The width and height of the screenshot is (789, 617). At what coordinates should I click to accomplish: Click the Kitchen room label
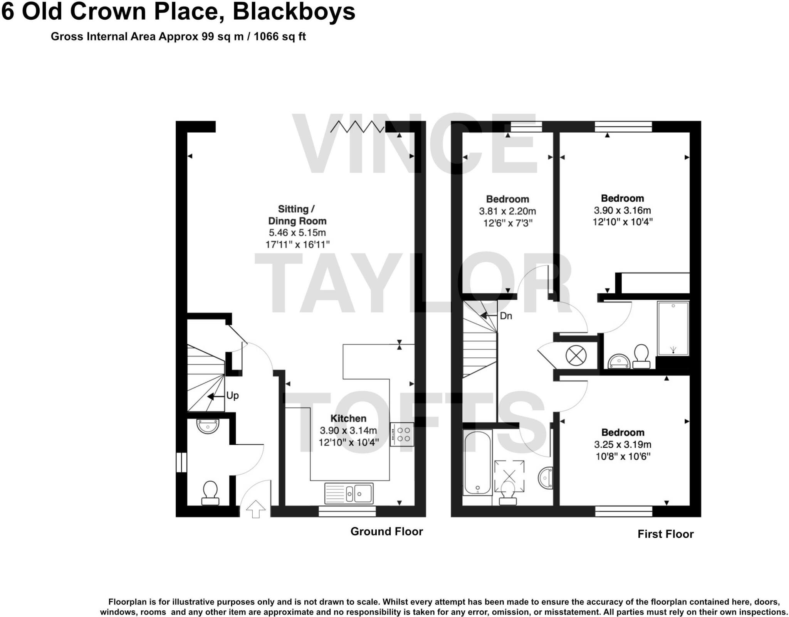tap(348, 418)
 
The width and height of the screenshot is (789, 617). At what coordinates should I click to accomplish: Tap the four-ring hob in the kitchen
tap(402, 434)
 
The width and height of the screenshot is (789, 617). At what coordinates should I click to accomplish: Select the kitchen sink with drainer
tap(349, 493)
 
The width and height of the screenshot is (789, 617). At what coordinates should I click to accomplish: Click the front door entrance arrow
tap(256, 509)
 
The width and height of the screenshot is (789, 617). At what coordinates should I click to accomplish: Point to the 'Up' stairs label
tap(232, 396)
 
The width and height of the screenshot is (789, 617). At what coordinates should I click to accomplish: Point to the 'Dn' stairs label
tap(506, 316)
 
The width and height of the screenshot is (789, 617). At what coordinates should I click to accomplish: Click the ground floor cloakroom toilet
tap(210, 492)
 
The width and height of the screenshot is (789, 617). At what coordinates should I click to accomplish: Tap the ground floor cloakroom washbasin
tap(208, 427)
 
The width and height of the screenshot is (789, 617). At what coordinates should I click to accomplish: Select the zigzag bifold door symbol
tap(357, 126)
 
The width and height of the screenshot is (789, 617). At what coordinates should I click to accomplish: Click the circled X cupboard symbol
tap(576, 355)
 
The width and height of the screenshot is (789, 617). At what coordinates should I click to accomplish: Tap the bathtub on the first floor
tap(477, 463)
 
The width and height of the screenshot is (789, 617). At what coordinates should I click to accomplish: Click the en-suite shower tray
tap(673, 329)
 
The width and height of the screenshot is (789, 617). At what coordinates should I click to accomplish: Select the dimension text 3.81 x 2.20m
tap(507, 211)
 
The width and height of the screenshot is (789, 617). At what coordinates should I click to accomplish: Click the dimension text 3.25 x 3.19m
tap(622, 445)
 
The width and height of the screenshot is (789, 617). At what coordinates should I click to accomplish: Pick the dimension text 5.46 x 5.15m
tap(297, 233)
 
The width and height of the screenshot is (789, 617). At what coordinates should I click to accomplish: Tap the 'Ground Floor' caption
tap(386, 531)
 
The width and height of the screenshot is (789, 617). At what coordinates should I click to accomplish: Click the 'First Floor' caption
tap(665, 534)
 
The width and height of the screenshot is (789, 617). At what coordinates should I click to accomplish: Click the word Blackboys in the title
tap(294, 12)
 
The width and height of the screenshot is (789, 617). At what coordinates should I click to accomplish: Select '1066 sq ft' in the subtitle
tap(280, 37)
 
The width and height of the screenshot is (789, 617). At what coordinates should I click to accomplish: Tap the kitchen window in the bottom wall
tap(347, 512)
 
